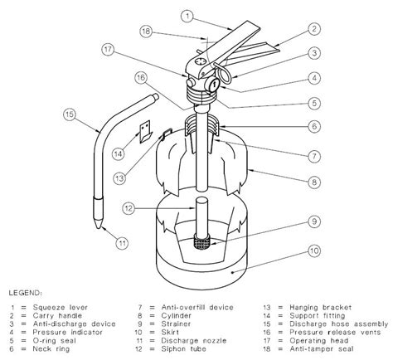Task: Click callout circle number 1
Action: pyautogui.click(x=189, y=15)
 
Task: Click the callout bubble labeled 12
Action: pyautogui.click(x=128, y=207)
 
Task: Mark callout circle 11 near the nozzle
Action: pyautogui.click(x=122, y=243)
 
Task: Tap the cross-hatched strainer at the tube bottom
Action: pyautogui.click(x=200, y=244)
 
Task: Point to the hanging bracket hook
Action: pyautogui.click(x=167, y=130)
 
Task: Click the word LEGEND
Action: pyautogui.click(x=29, y=293)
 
